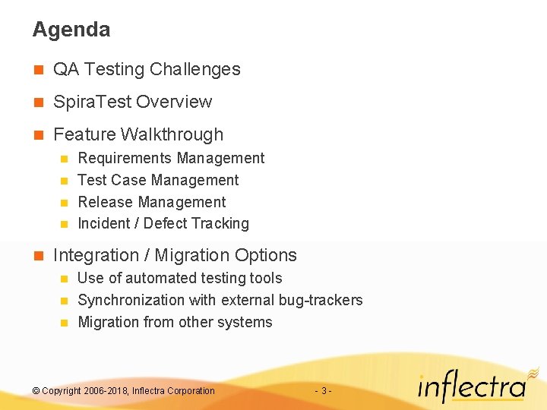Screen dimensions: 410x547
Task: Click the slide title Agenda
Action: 71,30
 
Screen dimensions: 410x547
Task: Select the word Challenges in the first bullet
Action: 194,69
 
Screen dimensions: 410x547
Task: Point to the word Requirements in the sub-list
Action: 125,158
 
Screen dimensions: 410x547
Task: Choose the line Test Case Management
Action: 158,180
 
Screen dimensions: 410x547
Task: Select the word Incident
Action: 105,223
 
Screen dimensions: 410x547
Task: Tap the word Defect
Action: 166,223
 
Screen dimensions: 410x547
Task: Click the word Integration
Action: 96,255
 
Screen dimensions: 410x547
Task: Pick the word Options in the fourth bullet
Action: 265,255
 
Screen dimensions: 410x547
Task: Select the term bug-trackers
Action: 321,300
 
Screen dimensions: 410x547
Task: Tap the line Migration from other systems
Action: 175,322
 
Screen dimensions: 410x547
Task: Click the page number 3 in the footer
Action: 324,390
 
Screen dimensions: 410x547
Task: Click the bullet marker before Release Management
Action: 64,203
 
